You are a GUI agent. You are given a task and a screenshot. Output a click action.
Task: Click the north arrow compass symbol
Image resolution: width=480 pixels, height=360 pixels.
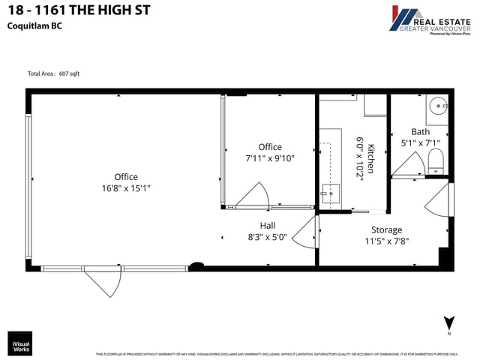[x=448, y=324]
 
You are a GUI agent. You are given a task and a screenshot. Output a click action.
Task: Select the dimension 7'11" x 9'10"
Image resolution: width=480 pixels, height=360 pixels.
[x=270, y=158]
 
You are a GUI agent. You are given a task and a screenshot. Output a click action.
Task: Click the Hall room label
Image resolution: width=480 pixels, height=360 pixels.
[x=268, y=225]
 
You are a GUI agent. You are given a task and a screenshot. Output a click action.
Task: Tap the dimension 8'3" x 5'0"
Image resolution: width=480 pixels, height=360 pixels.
[x=268, y=236]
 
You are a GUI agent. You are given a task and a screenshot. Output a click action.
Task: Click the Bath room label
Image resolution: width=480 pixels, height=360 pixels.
[x=421, y=131]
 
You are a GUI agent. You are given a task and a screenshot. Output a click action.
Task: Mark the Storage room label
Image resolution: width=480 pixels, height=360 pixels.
[x=387, y=229]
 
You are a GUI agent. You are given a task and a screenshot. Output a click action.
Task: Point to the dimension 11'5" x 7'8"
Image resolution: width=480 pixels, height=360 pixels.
[x=387, y=241]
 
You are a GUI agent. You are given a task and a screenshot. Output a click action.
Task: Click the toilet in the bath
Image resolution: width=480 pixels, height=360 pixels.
[x=436, y=160]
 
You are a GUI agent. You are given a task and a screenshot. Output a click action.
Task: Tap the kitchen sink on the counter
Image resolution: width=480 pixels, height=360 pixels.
[x=328, y=193]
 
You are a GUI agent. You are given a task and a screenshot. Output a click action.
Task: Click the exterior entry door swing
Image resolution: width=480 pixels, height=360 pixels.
[x=102, y=283]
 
